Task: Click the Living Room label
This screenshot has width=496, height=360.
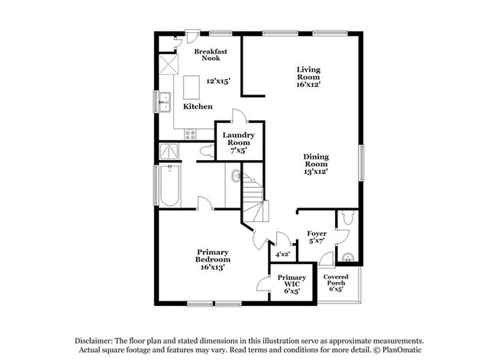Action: point(308,73)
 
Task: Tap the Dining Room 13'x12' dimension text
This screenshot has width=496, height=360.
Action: point(316,172)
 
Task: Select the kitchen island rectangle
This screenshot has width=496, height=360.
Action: point(192,87)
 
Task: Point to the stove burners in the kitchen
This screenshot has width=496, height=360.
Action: point(191,135)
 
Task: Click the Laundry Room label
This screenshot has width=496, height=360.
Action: point(239,139)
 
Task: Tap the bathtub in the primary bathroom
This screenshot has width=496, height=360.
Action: point(170,185)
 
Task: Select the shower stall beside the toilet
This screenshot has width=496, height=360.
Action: point(169,151)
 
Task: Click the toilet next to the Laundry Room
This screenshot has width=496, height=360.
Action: point(208,151)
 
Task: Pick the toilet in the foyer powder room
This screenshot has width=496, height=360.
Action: point(348,217)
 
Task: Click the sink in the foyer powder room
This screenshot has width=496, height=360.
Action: point(348,258)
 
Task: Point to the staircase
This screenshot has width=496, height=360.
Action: point(253,196)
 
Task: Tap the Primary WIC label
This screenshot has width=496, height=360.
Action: point(291,281)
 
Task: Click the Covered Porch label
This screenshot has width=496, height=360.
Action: point(336,280)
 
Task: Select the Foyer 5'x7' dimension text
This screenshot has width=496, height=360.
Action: point(317,241)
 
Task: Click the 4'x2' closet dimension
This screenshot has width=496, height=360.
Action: point(282,254)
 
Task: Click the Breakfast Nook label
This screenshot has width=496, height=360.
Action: point(211,55)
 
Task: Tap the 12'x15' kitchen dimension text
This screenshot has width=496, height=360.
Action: point(218,81)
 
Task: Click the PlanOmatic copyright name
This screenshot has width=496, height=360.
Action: point(401,350)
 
